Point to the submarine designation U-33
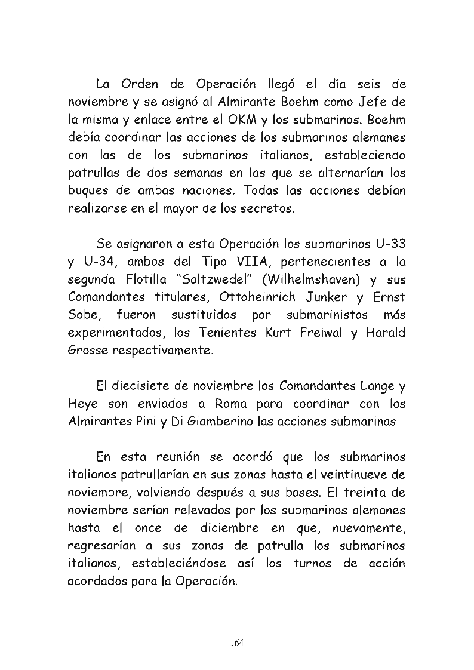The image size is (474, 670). coord(386,244)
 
